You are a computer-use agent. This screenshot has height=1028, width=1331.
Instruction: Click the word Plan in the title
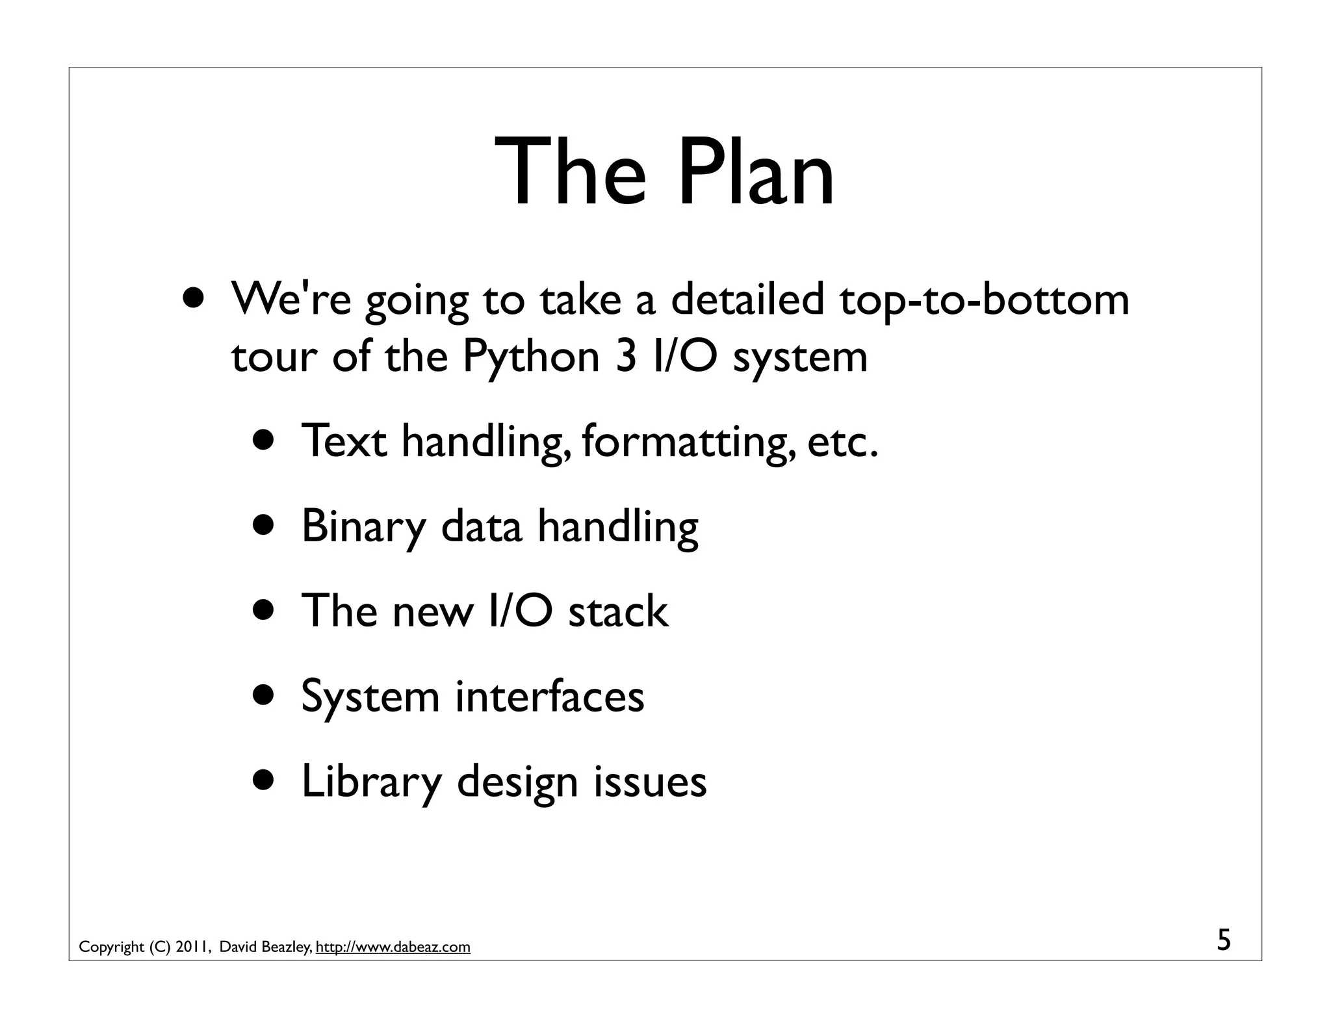coord(756,173)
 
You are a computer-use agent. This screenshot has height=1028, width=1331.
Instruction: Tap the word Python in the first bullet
coord(531,357)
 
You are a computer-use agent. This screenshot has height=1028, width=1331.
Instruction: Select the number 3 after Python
coord(625,357)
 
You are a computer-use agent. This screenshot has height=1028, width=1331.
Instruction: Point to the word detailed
coord(747,300)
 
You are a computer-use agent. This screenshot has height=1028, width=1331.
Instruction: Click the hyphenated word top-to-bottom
coord(984,301)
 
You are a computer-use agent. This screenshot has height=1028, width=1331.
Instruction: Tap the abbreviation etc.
coord(843,441)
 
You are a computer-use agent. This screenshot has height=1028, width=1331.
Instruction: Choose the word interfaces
coord(549,696)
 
